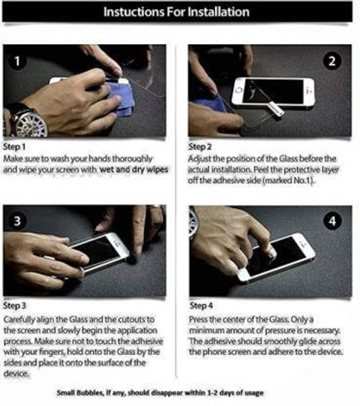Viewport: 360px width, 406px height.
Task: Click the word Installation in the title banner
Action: click(x=218, y=12)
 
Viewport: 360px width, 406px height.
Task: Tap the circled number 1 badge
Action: click(x=17, y=62)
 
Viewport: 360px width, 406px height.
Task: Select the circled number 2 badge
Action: click(x=332, y=62)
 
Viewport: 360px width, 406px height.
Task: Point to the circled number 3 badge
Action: click(x=17, y=221)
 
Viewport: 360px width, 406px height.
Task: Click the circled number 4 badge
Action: click(x=332, y=221)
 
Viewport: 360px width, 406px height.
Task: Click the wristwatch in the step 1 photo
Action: click(x=27, y=121)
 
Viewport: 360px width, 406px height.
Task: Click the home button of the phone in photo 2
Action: click(x=239, y=90)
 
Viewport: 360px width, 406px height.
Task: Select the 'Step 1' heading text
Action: click(x=14, y=147)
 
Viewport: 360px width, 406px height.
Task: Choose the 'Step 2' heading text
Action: click(x=199, y=147)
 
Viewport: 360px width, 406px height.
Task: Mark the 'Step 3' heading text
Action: click(x=15, y=305)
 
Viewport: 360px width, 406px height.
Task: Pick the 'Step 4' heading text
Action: click(x=201, y=305)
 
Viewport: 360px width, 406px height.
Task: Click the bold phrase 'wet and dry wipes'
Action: click(x=133, y=170)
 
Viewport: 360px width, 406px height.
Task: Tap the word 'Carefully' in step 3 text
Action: click(x=19, y=320)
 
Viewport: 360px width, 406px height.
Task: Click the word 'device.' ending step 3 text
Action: click(x=16, y=374)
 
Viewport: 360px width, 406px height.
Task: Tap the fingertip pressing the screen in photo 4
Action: click(x=271, y=251)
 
